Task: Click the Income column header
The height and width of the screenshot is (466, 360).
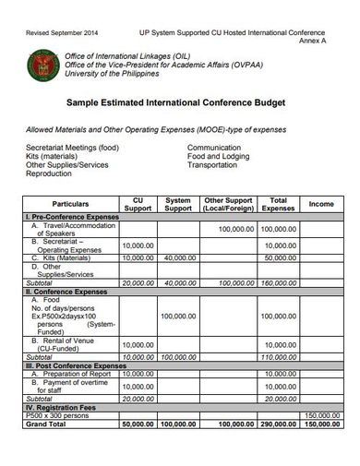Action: point(320,203)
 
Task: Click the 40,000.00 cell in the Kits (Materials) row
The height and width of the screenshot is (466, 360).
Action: point(176,258)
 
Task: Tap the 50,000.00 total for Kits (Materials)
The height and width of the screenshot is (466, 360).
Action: point(277,258)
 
